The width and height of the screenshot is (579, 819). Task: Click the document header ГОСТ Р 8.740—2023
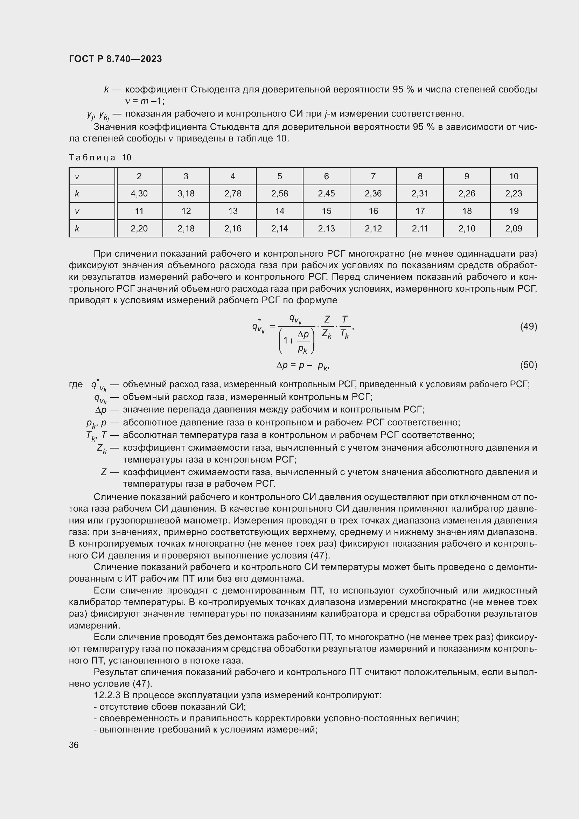(x=115, y=59)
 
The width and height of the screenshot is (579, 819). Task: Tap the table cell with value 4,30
(x=139, y=193)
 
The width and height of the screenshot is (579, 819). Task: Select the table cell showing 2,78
(x=233, y=193)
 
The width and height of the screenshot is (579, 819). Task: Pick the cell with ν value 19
(x=514, y=211)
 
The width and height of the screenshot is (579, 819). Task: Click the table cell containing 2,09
(x=514, y=228)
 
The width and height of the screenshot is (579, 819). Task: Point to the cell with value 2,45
(x=326, y=193)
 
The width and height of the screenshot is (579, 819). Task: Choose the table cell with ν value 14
(x=279, y=211)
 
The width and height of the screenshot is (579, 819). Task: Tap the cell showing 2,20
(x=139, y=228)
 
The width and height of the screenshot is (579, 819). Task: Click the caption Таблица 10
(x=100, y=157)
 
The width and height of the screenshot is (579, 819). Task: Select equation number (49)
(x=528, y=326)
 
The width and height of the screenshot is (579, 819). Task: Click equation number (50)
(x=528, y=365)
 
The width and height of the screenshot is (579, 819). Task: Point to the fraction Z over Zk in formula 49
(x=327, y=326)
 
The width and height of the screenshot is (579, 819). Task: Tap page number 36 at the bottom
(x=74, y=745)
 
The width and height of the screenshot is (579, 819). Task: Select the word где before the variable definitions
(x=76, y=384)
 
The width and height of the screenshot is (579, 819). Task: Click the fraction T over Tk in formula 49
(x=344, y=326)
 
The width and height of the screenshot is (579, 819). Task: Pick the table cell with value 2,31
(x=420, y=193)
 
